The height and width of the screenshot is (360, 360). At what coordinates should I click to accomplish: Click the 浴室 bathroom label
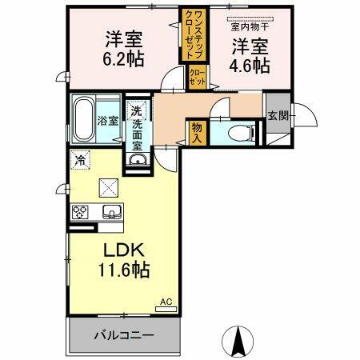point(109,121)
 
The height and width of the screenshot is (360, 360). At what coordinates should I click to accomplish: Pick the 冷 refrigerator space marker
point(80,159)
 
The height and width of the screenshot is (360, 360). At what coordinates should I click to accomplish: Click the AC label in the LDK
point(166,301)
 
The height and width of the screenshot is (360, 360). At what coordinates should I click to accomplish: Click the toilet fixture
point(241,134)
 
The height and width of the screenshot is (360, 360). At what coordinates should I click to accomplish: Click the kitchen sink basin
point(110,212)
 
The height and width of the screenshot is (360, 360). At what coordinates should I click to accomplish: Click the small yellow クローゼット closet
point(197,78)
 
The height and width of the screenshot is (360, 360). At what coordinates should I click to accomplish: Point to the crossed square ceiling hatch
point(107,188)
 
